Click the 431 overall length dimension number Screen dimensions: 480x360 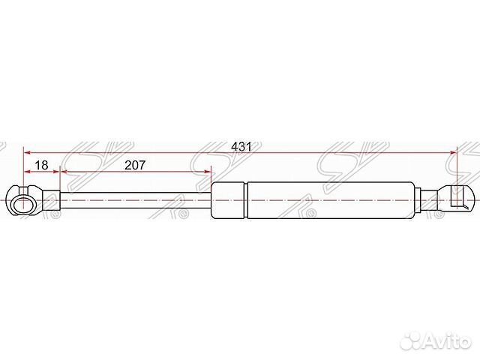tap(241, 147)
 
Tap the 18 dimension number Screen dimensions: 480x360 tap(42, 165)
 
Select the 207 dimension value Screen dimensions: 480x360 tap(135, 165)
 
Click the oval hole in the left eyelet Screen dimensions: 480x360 tap(23, 204)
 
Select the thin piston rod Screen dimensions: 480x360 tap(135, 200)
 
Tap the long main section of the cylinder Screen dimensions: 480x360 tap(331, 200)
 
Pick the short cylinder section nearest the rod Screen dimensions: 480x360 tap(228, 200)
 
